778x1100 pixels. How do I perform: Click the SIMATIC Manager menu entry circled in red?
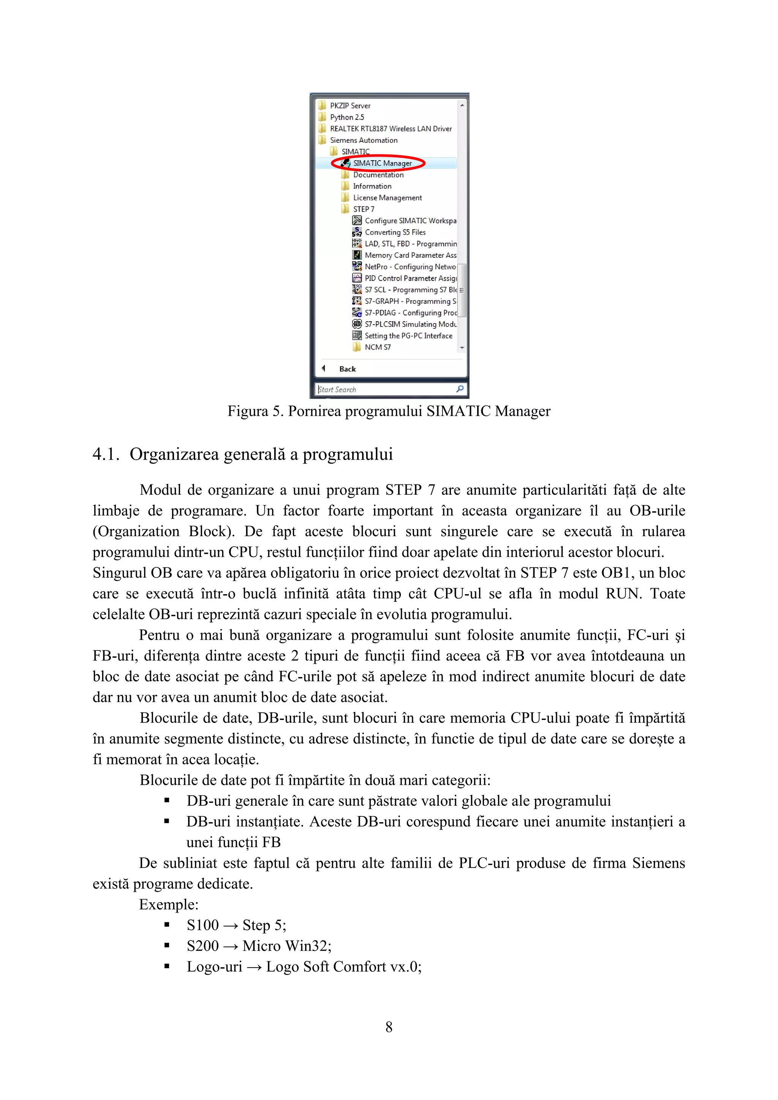(382, 163)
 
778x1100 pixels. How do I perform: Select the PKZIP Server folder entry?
(349, 106)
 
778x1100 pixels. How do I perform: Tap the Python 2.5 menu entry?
(346, 117)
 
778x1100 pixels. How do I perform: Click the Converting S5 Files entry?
(395, 232)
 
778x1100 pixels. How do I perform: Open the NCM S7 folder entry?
(377, 347)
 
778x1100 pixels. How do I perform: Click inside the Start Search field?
(383, 390)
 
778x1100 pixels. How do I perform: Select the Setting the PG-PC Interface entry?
(408, 336)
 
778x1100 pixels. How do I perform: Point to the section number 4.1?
(106, 454)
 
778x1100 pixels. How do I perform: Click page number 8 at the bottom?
(389, 1027)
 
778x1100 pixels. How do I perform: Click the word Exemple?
(169, 904)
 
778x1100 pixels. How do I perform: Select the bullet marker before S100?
(166, 925)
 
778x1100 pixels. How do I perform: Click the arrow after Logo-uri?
(255, 967)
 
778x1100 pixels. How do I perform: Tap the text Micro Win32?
(287, 946)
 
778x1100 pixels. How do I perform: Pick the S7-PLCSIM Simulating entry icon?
(357, 324)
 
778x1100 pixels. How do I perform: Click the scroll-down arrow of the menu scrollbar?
(462, 348)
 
